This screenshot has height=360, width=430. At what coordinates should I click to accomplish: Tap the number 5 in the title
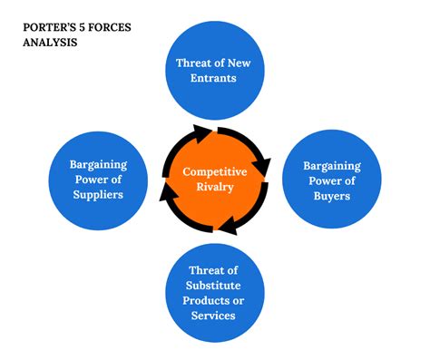point(85,27)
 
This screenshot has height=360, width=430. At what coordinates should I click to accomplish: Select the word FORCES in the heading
point(113,27)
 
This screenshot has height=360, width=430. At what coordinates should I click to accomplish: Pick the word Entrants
point(213,78)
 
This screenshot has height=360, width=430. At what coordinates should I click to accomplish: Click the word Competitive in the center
point(214,171)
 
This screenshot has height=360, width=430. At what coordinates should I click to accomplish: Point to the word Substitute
point(214,286)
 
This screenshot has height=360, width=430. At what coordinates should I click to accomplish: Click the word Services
point(214,316)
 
